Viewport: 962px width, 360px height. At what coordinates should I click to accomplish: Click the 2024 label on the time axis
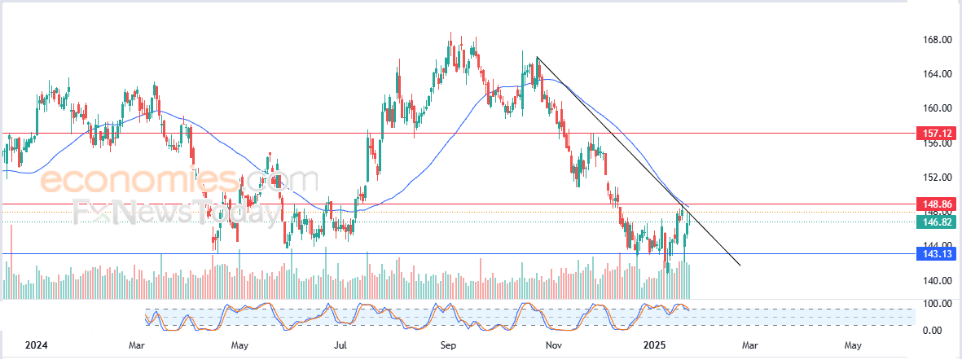pos(37,345)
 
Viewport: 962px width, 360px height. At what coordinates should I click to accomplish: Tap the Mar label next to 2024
pos(137,345)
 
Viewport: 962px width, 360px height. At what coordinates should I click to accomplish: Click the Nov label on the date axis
pos(554,345)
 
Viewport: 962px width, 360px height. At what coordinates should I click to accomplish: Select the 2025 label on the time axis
pos(655,345)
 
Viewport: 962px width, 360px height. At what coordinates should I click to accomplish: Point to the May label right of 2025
pos(852,345)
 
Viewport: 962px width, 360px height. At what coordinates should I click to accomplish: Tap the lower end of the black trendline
pos(740,265)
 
